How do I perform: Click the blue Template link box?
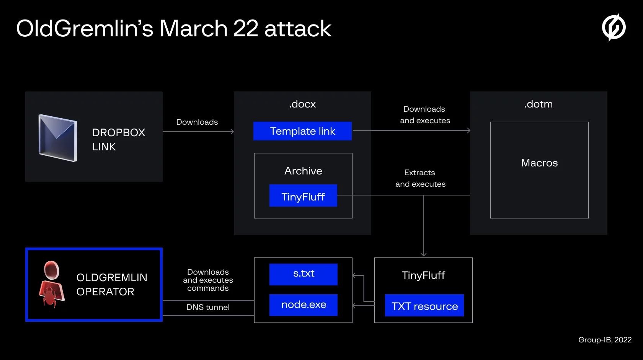pyautogui.click(x=302, y=131)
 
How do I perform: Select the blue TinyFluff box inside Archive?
pyautogui.click(x=303, y=196)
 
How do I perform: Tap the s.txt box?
pyautogui.click(x=304, y=274)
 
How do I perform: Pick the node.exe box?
pyautogui.click(x=304, y=305)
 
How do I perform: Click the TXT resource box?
pyautogui.click(x=424, y=306)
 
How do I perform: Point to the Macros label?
pyautogui.click(x=539, y=163)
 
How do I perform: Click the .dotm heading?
pyautogui.click(x=539, y=104)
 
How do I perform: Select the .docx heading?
pyautogui.click(x=302, y=104)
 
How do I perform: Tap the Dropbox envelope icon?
pyautogui.click(x=58, y=138)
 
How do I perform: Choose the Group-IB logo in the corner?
pyautogui.click(x=614, y=27)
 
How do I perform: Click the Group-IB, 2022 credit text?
pyautogui.click(x=605, y=340)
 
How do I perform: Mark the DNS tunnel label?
pyautogui.click(x=208, y=307)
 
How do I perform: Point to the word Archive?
pyautogui.click(x=303, y=171)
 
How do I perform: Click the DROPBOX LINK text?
pyautogui.click(x=119, y=140)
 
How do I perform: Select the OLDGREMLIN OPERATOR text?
pyautogui.click(x=112, y=285)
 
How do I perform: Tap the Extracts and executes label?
pyautogui.click(x=420, y=178)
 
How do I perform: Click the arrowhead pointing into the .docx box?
pyautogui.click(x=232, y=132)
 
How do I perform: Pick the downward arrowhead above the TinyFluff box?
pyautogui.click(x=424, y=254)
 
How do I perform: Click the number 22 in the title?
pyautogui.click(x=245, y=29)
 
